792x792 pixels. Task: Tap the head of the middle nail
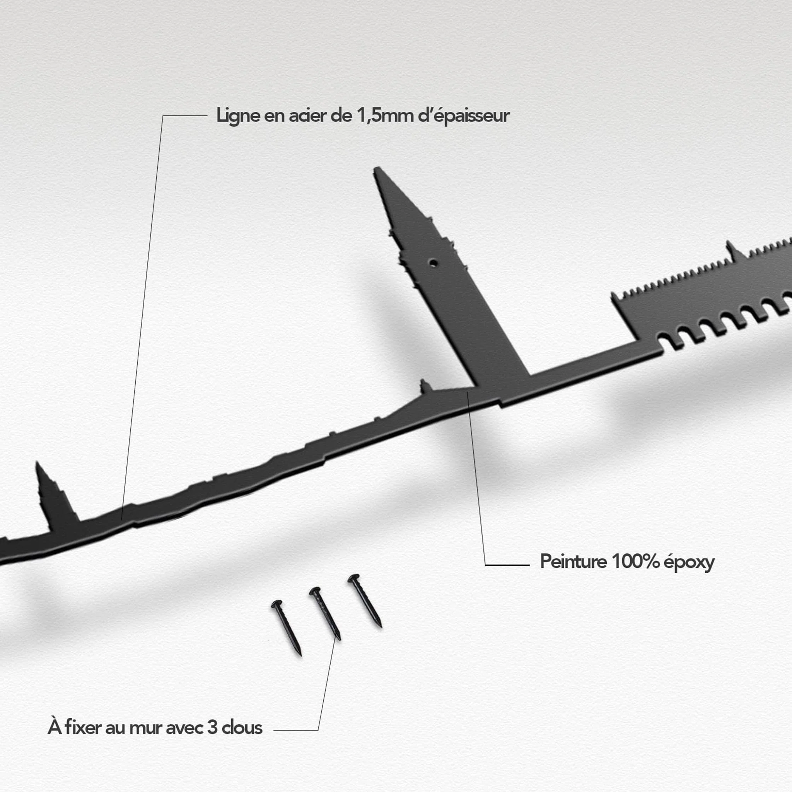coord(315,591)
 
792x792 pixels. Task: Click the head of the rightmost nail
coord(353,578)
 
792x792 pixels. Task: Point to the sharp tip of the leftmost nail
coord(301,655)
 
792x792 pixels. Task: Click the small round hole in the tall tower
coord(433,262)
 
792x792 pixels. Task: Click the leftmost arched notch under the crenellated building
coord(664,340)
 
